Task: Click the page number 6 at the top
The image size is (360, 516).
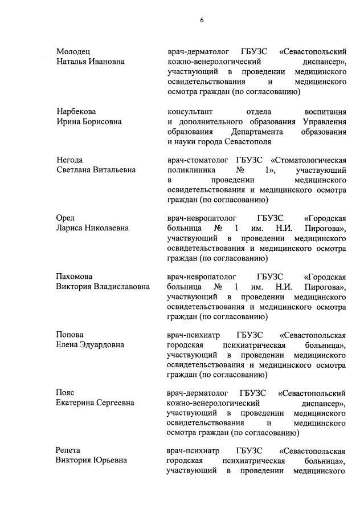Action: (202, 21)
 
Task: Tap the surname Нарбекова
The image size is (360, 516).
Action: (76, 112)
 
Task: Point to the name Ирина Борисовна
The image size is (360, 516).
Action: (89, 121)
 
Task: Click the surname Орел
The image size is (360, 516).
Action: (66, 218)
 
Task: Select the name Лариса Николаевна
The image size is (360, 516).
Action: (92, 228)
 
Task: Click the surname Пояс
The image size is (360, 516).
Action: (66, 393)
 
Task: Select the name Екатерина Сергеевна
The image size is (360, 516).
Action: (95, 403)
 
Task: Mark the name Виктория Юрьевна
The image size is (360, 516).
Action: (91, 461)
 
